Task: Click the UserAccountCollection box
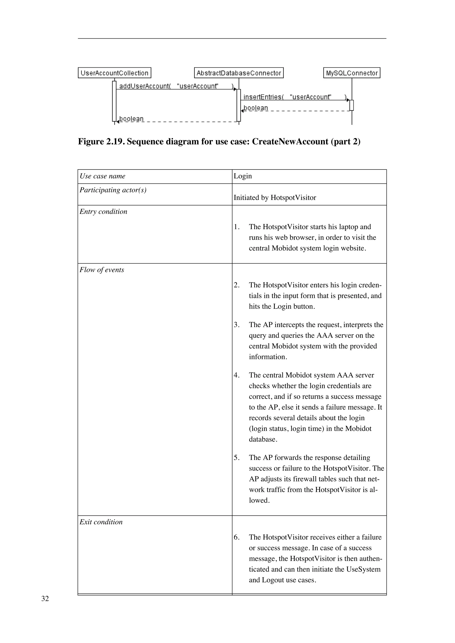(114, 73)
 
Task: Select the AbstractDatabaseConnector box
(239, 73)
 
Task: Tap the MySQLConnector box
(352, 73)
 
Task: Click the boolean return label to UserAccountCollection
(132, 119)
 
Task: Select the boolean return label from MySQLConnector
(256, 108)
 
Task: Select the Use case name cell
(103, 176)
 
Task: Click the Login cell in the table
(243, 176)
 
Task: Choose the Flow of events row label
(102, 270)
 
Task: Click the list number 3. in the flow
(237, 325)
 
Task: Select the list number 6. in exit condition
(237, 537)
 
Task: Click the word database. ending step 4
(263, 439)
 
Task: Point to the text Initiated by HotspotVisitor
(275, 198)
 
